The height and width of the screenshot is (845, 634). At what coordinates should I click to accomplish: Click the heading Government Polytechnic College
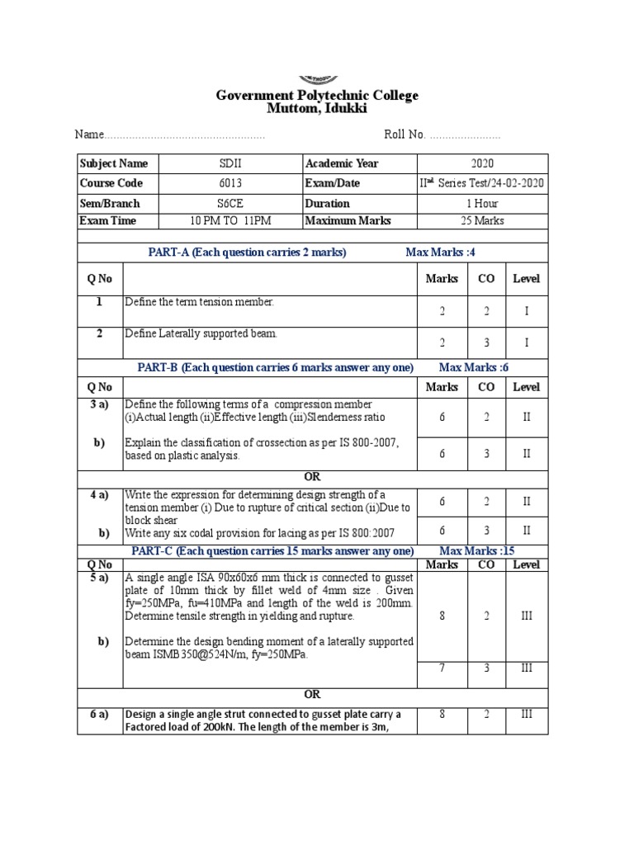(317, 96)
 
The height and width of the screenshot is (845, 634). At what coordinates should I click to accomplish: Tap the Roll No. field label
(405, 135)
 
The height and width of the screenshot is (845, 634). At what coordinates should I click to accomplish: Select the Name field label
(89, 135)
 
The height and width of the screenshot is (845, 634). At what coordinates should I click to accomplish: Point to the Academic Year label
(342, 163)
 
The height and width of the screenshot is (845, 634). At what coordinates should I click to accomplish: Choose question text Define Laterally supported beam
(201, 333)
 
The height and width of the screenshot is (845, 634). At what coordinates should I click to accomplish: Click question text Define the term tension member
(198, 302)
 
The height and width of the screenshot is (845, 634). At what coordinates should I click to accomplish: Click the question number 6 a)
(99, 715)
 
